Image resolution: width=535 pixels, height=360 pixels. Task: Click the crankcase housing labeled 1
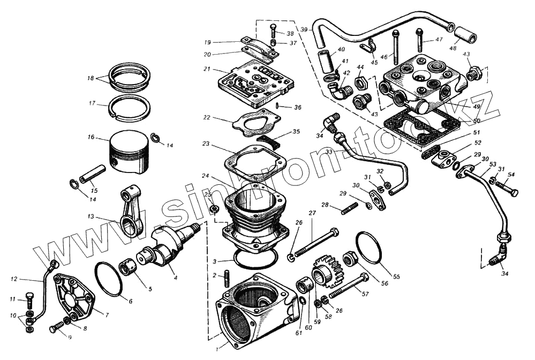coord(252,311)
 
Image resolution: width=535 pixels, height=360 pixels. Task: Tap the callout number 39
coord(304,29)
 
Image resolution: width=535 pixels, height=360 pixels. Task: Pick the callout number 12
coord(14,279)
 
